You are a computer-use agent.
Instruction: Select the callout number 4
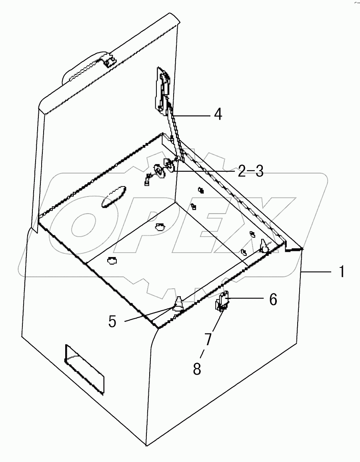(x=217, y=115)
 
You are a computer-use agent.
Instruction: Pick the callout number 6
(x=273, y=299)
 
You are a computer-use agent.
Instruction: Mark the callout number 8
(x=197, y=369)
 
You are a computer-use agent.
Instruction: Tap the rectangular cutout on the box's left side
(x=84, y=367)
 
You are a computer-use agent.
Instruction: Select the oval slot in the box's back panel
(x=113, y=197)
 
